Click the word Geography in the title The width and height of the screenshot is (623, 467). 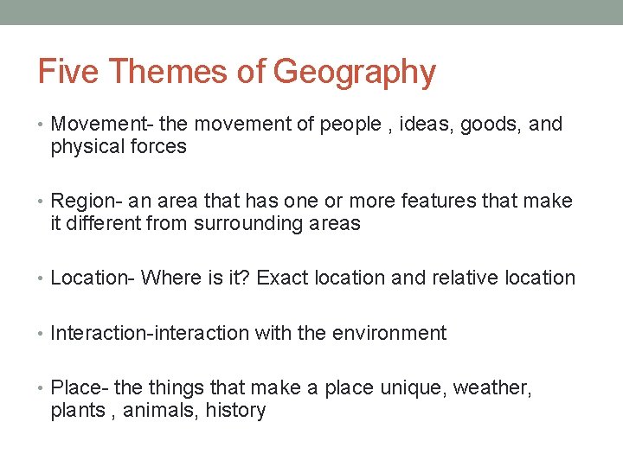tap(355, 73)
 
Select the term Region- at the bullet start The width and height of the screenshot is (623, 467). tap(84, 202)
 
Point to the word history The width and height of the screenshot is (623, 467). tap(235, 411)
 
